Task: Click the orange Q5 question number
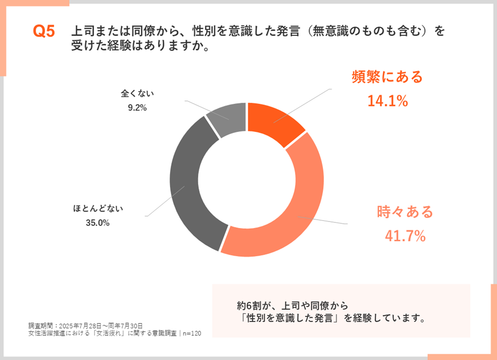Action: click(44, 32)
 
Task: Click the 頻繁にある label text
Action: click(387, 77)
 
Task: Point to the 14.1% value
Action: click(387, 100)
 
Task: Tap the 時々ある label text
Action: click(405, 211)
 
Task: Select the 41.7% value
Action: click(405, 236)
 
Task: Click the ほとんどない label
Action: click(98, 209)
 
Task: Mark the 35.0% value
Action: click(98, 223)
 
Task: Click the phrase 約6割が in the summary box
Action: click(256, 305)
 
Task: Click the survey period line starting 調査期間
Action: click(86, 325)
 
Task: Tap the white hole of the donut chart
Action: click(246, 179)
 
